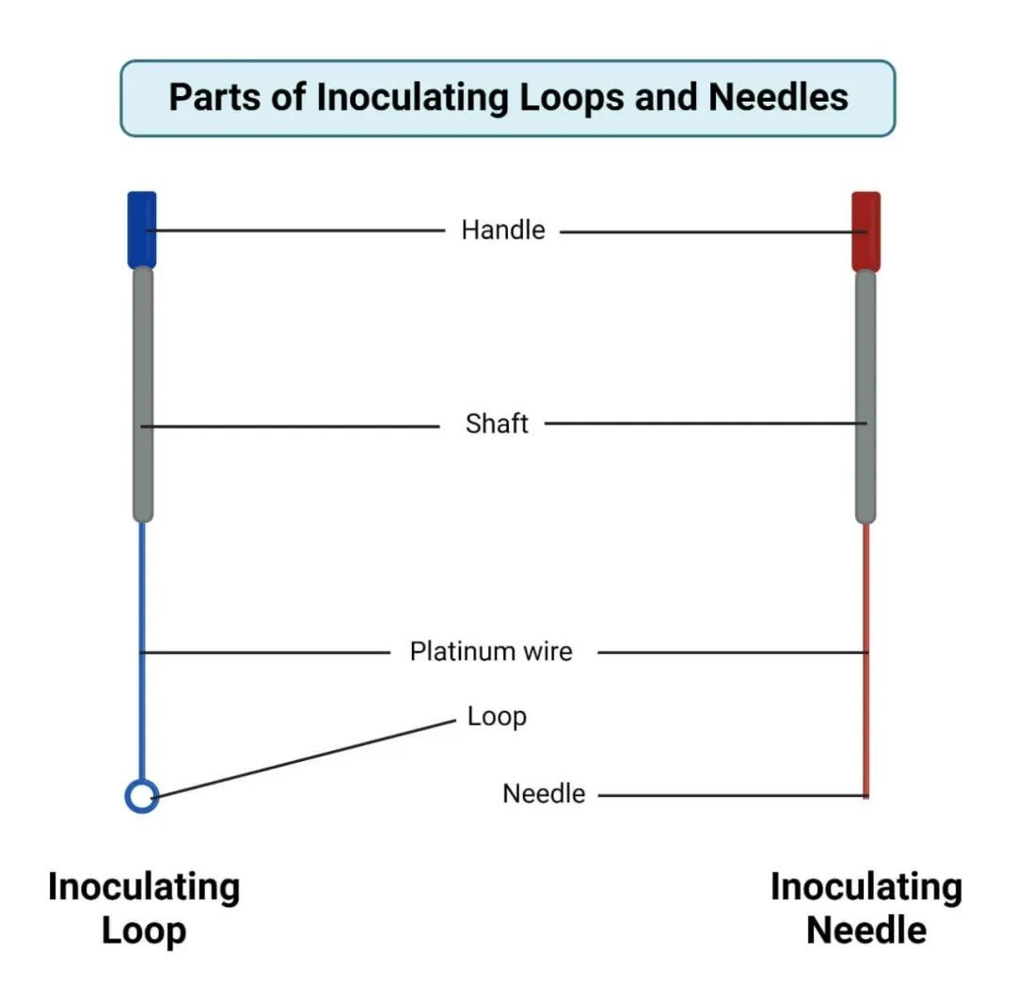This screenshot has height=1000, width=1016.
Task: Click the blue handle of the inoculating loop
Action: click(142, 230)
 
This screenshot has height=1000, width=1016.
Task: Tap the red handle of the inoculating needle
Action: click(865, 230)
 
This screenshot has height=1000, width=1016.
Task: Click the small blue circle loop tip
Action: click(141, 796)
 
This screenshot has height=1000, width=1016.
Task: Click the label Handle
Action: click(502, 230)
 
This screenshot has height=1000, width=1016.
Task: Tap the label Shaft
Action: click(497, 423)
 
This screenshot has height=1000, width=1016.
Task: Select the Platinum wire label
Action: click(490, 651)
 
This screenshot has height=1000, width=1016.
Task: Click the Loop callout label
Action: click(497, 717)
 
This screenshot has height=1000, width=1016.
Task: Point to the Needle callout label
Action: click(544, 794)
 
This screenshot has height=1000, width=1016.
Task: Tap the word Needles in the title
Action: click(778, 97)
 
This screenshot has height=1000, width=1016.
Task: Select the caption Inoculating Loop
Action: click(144, 908)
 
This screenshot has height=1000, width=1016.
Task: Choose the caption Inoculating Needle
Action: click(866, 908)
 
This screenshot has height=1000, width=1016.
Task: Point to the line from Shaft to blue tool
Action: click(292, 426)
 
